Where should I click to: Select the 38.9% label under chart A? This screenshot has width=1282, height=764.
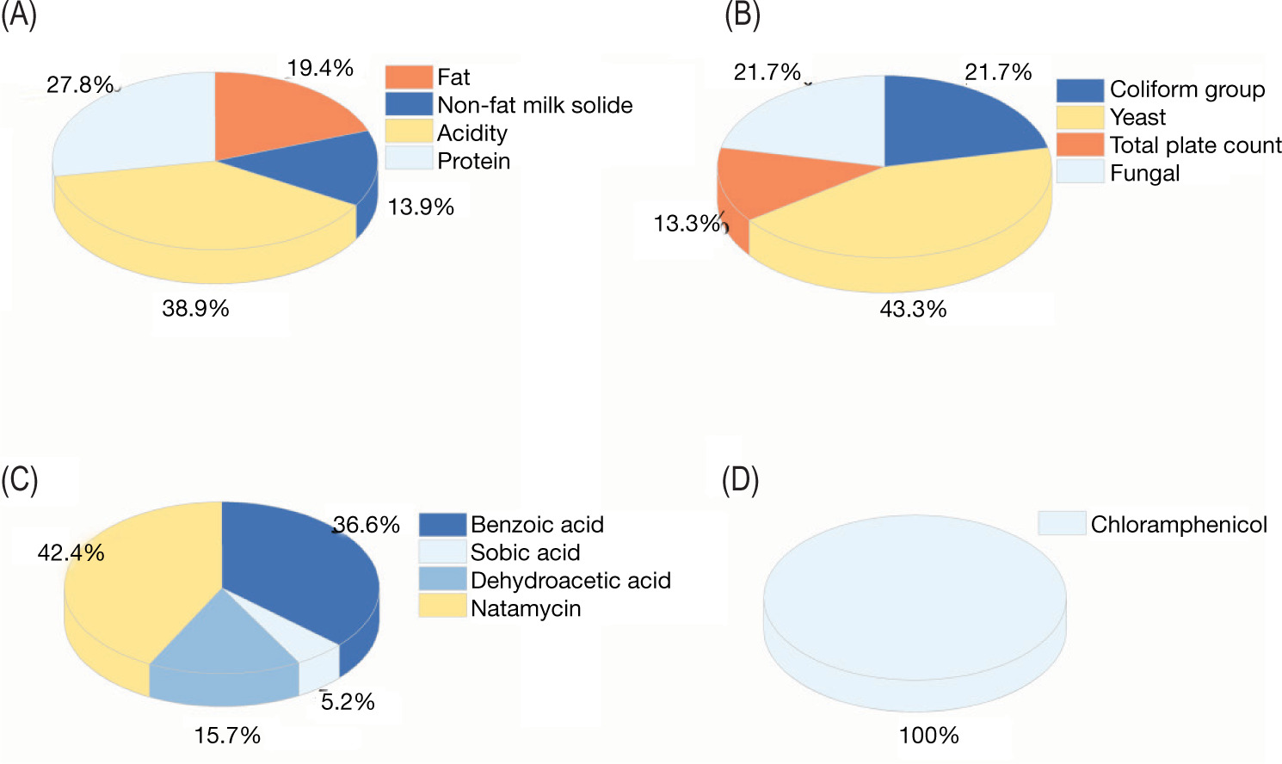(x=195, y=308)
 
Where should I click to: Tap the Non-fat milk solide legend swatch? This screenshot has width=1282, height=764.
(x=408, y=104)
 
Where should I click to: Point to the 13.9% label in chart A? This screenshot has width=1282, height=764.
(x=421, y=206)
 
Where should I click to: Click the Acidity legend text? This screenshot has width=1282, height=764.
(x=472, y=132)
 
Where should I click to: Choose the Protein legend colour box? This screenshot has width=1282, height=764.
(x=408, y=159)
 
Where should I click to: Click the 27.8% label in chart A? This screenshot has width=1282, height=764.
(x=79, y=84)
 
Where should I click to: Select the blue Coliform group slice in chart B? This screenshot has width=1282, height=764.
(x=955, y=120)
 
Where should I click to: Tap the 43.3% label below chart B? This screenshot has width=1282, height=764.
(x=913, y=309)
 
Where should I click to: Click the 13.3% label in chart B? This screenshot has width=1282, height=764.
(x=687, y=224)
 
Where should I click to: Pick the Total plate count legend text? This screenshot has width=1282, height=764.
(x=1195, y=145)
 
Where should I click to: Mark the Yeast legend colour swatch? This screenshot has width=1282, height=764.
(x=1080, y=117)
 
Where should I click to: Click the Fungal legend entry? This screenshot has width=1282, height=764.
(x=1144, y=173)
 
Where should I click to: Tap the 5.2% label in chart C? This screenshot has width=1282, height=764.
(x=348, y=702)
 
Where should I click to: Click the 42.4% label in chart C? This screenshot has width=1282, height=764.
(x=71, y=552)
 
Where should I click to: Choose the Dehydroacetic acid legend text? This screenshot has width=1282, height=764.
(x=570, y=580)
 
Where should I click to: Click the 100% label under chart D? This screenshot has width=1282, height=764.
(x=928, y=735)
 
